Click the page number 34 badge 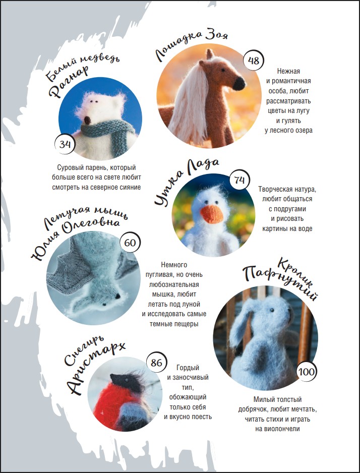click(65, 144)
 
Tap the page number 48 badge click(253, 61)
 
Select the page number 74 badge click(239, 180)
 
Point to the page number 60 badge click(130, 242)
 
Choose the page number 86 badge click(156, 362)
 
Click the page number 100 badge click(307, 372)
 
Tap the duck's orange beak click(211, 214)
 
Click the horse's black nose click(239, 84)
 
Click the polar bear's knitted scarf click(108, 132)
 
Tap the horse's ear click(210, 54)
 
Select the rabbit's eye click(272, 310)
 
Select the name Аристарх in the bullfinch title click(95, 368)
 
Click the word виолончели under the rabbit click(277, 429)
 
